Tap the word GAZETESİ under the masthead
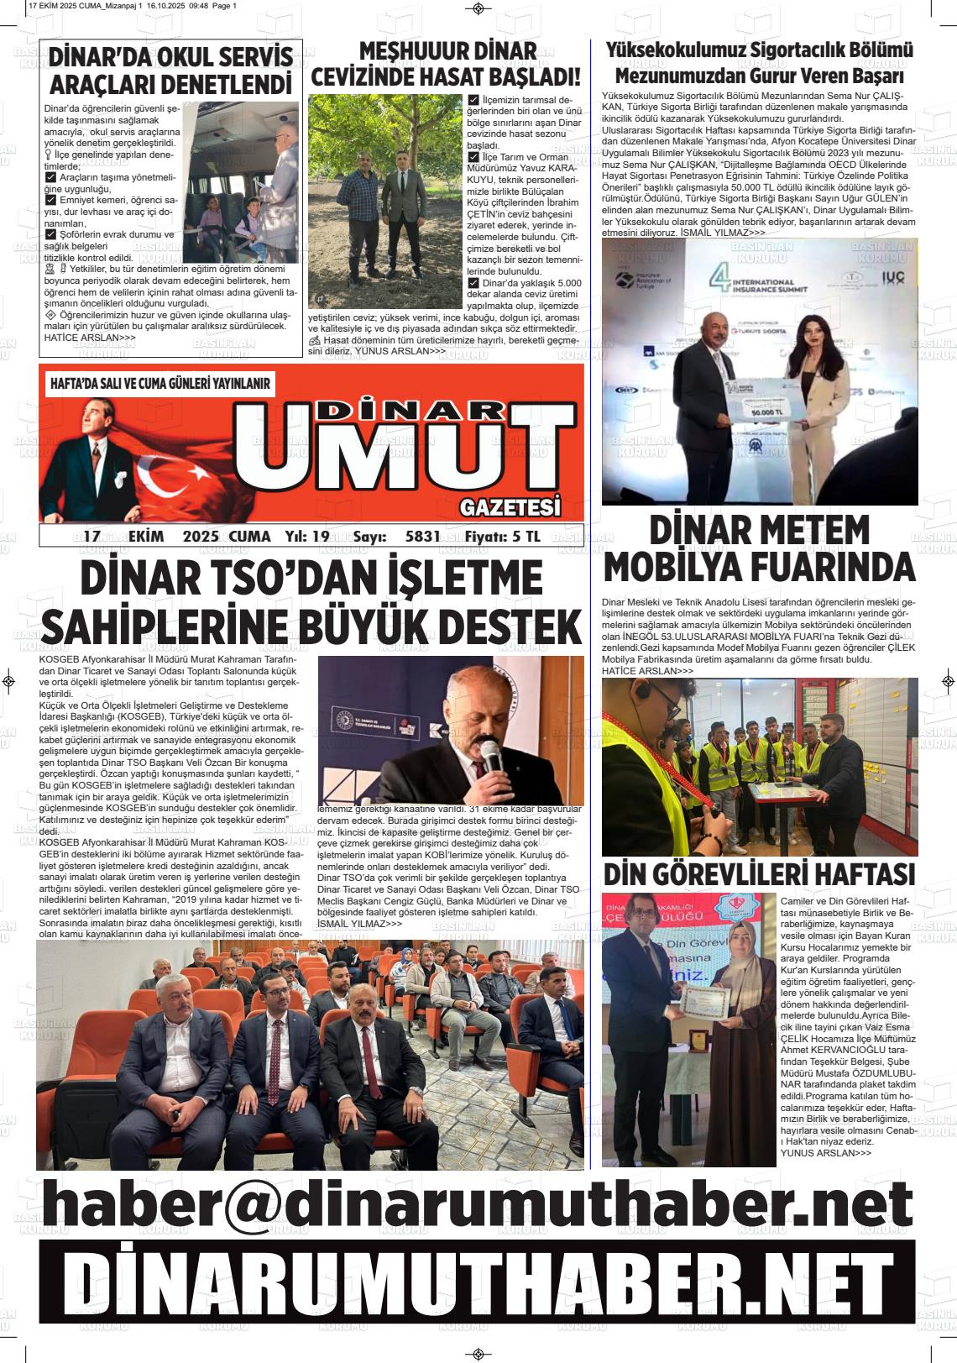click(510, 507)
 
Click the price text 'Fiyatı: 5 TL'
click(503, 537)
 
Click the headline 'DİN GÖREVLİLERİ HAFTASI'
click(759, 874)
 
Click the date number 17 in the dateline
click(92, 537)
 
